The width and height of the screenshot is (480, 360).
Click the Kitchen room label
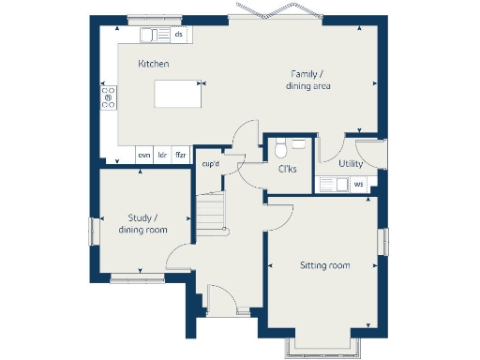153,64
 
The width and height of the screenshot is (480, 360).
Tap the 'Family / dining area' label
308,81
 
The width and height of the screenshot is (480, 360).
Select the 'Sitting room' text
324,266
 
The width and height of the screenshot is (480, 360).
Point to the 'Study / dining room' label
142,224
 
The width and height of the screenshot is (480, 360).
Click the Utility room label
352,163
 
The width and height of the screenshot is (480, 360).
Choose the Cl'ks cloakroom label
288,170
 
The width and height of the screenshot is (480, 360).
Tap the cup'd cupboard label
211,165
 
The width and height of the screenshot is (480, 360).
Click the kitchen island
176,96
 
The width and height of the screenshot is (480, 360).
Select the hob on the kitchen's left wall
108,97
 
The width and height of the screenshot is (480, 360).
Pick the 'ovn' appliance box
144,154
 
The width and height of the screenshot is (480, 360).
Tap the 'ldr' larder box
162,154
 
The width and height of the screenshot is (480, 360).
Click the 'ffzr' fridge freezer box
181,154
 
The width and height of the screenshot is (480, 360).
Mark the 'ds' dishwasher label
178,35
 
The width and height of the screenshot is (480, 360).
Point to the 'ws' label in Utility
358,184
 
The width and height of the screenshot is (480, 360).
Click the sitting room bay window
322,348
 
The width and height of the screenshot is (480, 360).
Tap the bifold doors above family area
273,17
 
